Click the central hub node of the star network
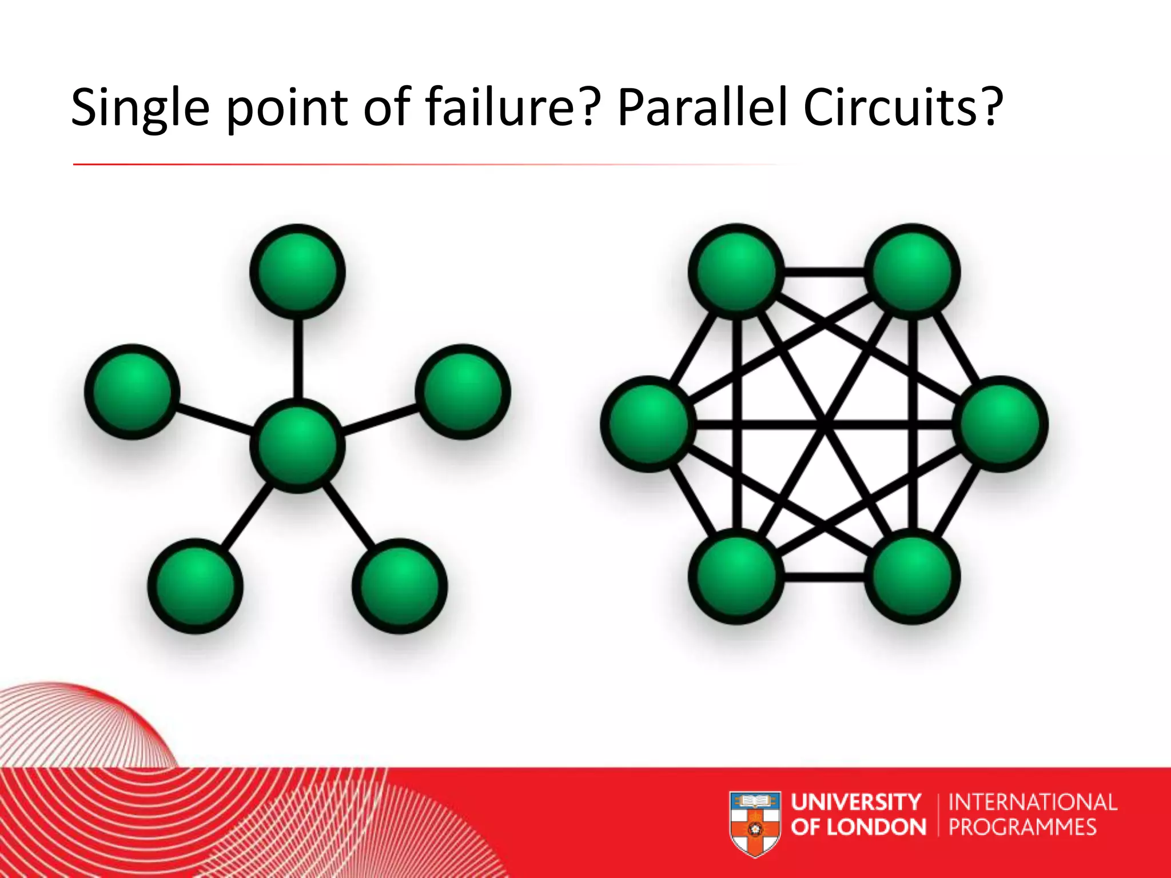[297, 446]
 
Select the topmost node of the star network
[297, 272]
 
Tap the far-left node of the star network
[132, 392]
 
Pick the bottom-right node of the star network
[400, 586]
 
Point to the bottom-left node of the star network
[196, 586]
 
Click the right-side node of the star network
[463, 392]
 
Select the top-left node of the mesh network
[736, 272]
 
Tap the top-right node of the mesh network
[912, 272]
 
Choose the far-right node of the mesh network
[1000, 424]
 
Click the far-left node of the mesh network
[648, 424]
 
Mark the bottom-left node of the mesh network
[736, 576]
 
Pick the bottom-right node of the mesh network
[912, 576]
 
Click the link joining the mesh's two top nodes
[824, 272]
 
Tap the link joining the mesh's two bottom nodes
[824, 577]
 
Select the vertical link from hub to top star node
[297, 359]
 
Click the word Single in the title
[140, 109]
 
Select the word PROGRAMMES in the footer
[1022, 827]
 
